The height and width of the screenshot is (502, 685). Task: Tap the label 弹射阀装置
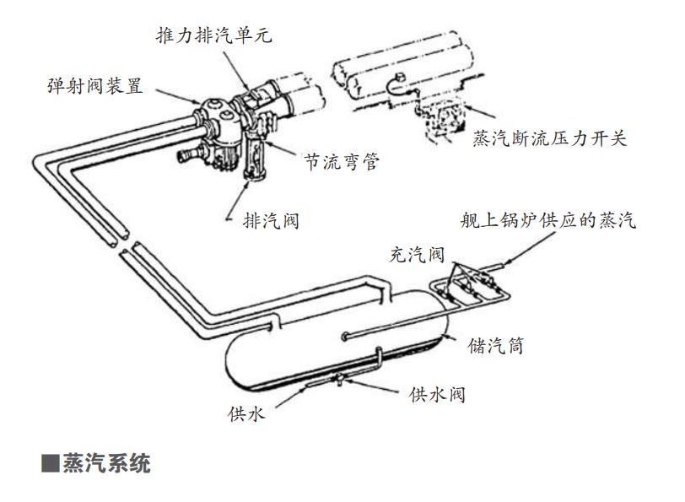[94, 86]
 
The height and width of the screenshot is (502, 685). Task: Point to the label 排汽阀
[271, 222]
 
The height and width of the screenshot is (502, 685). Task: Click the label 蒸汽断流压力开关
[550, 138]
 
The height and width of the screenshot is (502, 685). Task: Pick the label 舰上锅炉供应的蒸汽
[547, 221]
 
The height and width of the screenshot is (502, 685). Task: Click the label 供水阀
[437, 394]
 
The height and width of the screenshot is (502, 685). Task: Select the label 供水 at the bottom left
[246, 413]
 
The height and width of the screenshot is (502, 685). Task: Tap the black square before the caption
[51, 464]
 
